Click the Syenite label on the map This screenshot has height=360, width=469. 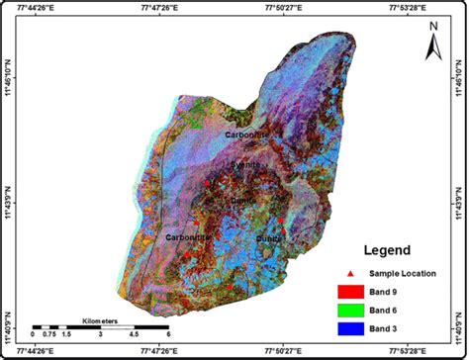tap(245, 165)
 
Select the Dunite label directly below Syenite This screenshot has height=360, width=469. tap(241, 200)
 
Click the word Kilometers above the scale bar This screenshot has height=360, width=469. tap(99, 318)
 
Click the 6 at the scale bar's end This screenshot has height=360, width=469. tap(168, 335)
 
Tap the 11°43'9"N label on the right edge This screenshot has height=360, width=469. tap(461, 204)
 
